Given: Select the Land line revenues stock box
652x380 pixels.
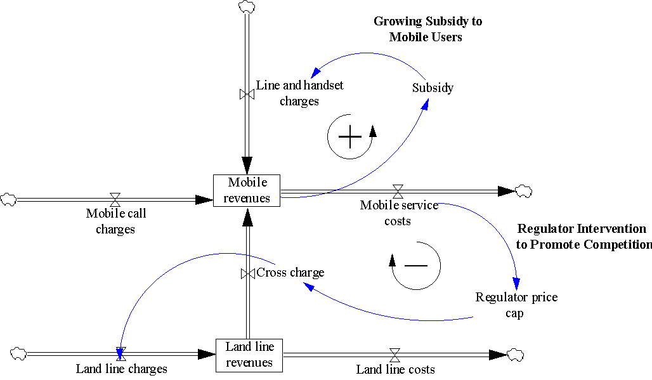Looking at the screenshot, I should coord(249,355).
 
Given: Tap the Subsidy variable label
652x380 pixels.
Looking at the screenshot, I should coord(433,88).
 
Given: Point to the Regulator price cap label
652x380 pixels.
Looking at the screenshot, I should coord(516,305).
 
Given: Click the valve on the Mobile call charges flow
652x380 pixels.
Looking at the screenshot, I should coord(115,199).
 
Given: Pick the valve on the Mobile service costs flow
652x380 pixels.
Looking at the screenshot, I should coord(398,190).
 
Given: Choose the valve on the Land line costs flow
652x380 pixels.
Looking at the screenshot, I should coord(394,354).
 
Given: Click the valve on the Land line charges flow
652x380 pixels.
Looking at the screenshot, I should coord(121,353).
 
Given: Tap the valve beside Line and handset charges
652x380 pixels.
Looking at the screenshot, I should coord(247,95).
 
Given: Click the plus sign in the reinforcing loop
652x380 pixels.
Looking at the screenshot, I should coord(349,136).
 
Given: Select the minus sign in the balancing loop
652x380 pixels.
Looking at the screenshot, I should coord(416,264).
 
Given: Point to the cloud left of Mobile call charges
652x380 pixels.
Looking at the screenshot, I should coord(8,199).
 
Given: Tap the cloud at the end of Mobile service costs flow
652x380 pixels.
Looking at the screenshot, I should coord(524,190).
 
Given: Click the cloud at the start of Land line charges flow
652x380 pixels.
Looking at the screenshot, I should coord(18,353).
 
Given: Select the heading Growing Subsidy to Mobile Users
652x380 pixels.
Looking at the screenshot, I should coord(427,29).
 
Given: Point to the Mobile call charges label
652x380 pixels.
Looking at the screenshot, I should coord(115,221).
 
